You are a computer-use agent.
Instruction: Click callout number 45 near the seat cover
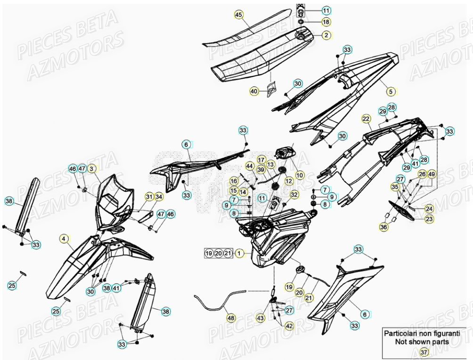pos(238,15)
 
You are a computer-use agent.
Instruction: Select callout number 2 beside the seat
pos(326,35)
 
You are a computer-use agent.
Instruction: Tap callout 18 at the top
pos(92,168)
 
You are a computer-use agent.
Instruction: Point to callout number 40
pos(390,91)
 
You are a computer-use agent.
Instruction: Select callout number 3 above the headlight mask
pos(92,168)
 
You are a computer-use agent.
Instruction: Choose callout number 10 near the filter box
pos(300,175)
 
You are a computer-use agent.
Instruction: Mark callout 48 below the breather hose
pos(230,318)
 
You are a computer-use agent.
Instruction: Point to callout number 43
pos(261,319)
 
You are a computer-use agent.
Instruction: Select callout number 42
pos(289,326)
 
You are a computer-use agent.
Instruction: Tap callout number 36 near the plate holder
pos(384,227)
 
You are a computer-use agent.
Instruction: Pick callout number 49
pos(432,174)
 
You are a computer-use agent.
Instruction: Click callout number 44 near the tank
pos(249,166)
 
